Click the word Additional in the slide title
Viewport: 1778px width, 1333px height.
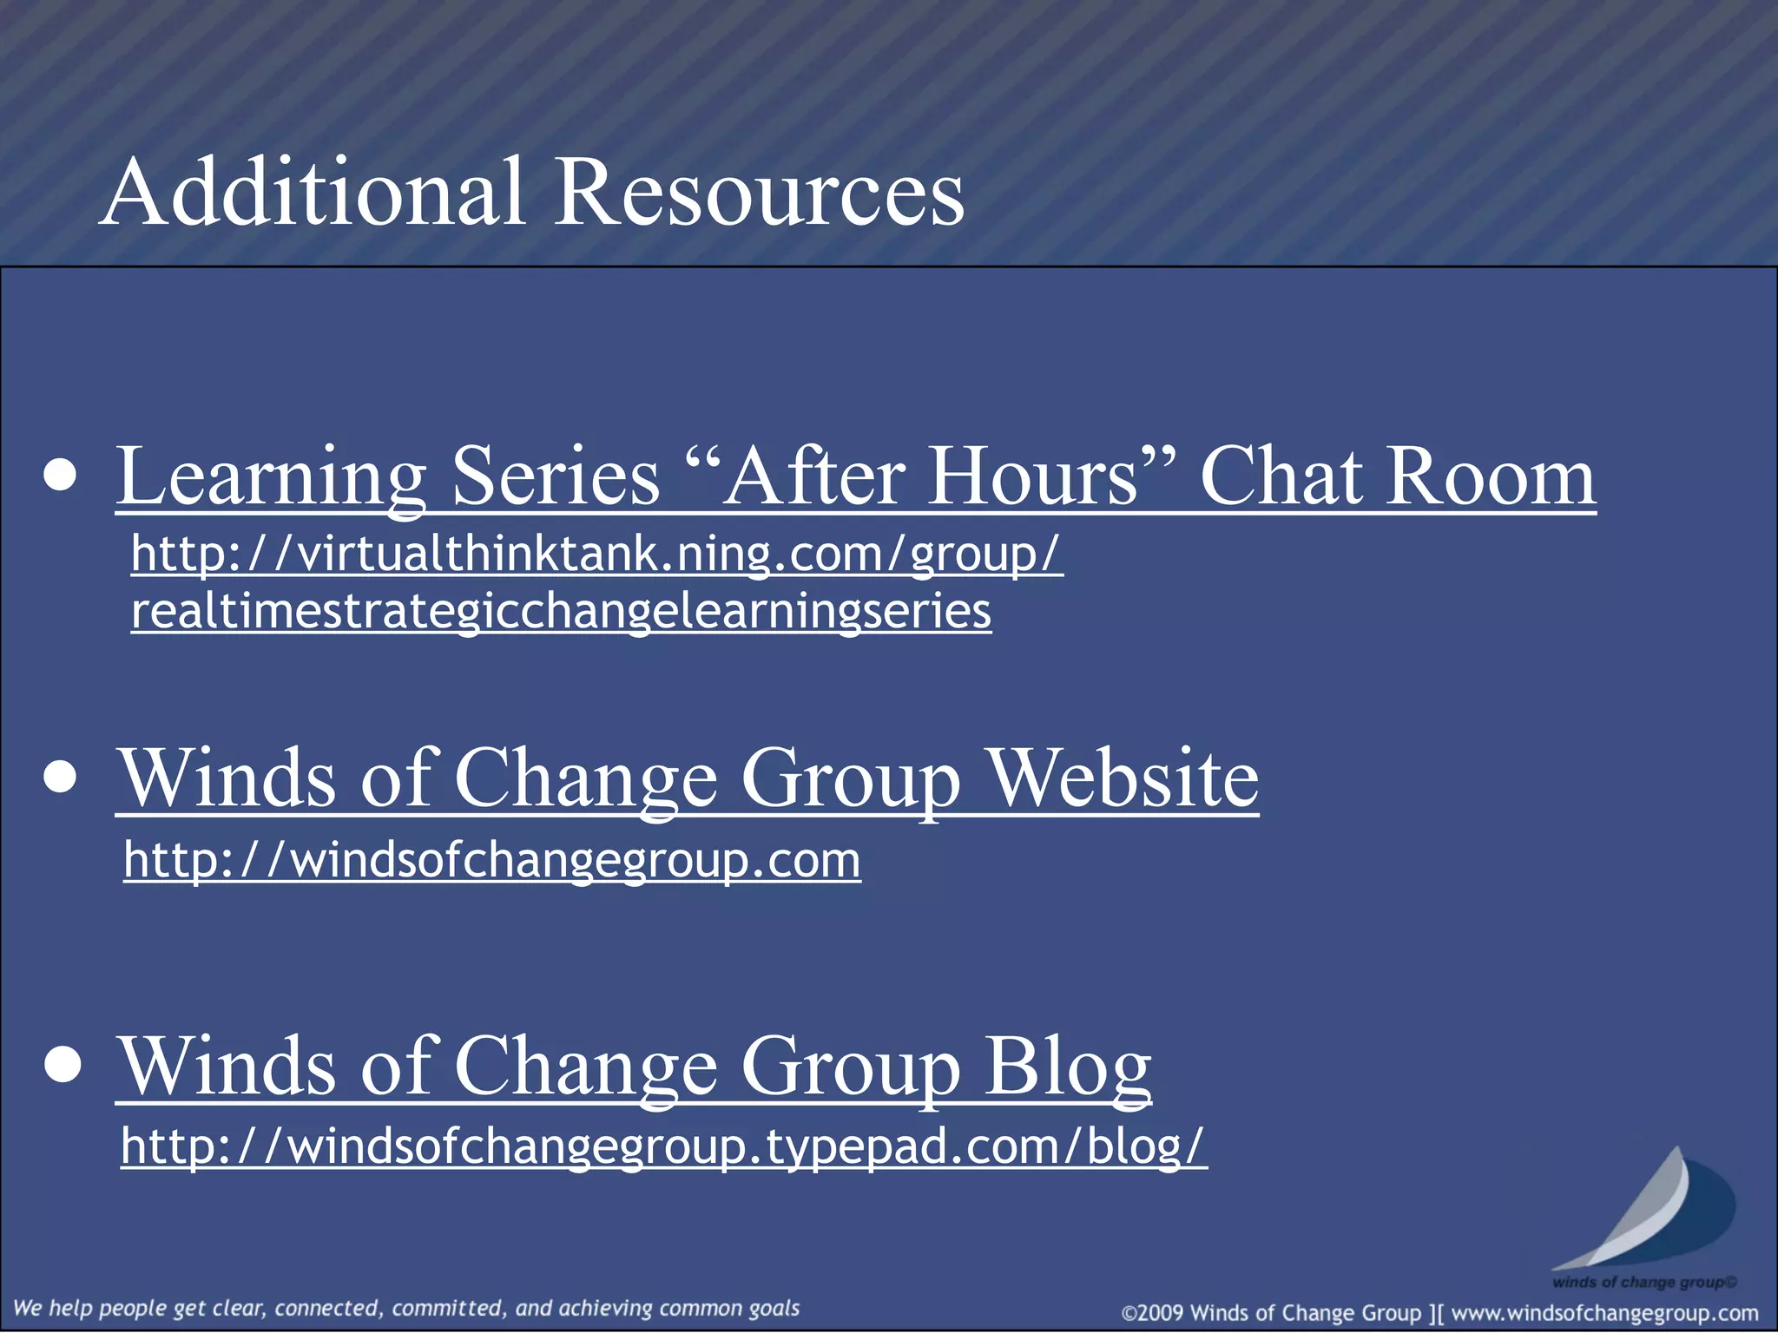[313, 193]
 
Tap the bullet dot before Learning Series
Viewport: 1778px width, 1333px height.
[61, 476]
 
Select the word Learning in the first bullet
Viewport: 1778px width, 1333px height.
[271, 477]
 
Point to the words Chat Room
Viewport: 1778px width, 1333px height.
[1397, 477]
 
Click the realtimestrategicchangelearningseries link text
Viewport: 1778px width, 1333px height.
[561, 611]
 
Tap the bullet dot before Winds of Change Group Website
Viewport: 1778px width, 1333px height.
[61, 777]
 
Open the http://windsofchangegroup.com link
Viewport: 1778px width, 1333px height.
[491, 860]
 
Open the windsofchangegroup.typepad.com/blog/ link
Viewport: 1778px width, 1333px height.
[663, 1146]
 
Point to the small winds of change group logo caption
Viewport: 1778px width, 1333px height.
[1643, 1282]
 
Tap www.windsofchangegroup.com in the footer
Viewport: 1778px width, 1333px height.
[1604, 1313]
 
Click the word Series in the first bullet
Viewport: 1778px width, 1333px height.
[556, 477]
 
